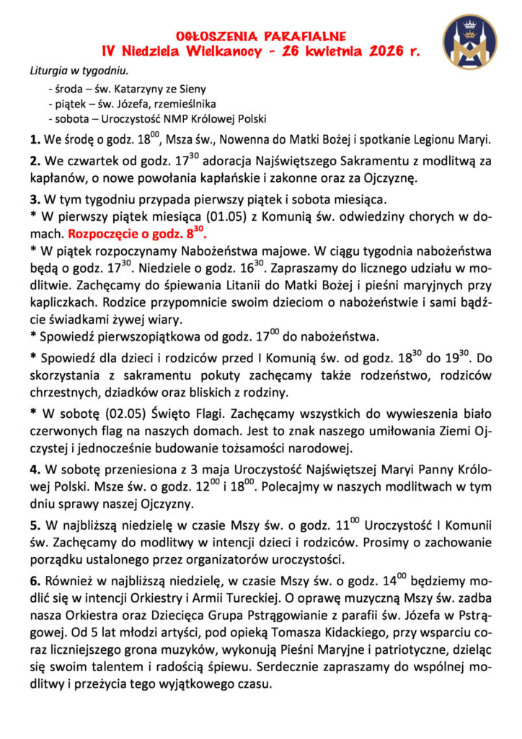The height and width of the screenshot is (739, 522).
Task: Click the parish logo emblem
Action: (469, 42)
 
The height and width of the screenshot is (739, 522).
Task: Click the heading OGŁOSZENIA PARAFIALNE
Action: (261, 35)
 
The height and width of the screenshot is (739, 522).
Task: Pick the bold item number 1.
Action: (35, 139)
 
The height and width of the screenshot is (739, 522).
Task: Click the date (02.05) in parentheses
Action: (110, 414)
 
